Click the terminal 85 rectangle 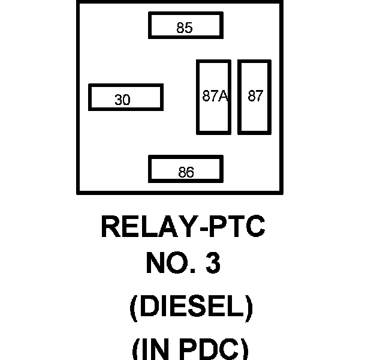[186, 25]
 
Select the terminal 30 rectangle [125, 97]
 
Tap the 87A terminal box [213, 97]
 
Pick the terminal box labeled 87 [255, 97]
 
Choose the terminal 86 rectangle [186, 169]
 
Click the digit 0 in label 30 [126, 100]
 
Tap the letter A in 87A [224, 97]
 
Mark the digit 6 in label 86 [190, 173]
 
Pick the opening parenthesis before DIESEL [135, 308]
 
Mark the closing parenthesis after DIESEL [248, 308]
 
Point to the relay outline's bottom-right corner [281, 193]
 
